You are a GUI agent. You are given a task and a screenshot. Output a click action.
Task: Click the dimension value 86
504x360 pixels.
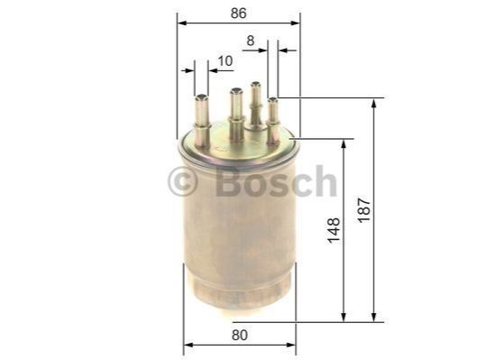point(239,14)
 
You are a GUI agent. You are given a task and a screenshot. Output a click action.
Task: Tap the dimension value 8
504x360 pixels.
point(251,41)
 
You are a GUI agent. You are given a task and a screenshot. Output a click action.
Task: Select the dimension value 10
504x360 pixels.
point(225,60)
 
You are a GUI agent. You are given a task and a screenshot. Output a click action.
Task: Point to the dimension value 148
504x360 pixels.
point(334,230)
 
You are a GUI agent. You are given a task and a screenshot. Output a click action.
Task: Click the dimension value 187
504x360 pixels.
point(364,210)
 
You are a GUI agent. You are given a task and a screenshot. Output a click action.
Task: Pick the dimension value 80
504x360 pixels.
point(240,336)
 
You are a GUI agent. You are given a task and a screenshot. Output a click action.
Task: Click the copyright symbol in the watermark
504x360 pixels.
point(182,181)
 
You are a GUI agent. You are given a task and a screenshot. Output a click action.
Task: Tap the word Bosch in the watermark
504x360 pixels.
point(277,181)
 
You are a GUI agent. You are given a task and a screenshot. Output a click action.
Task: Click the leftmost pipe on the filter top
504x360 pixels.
point(203,121)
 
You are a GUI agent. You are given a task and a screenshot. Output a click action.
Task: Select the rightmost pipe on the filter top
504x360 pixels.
point(273,121)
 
